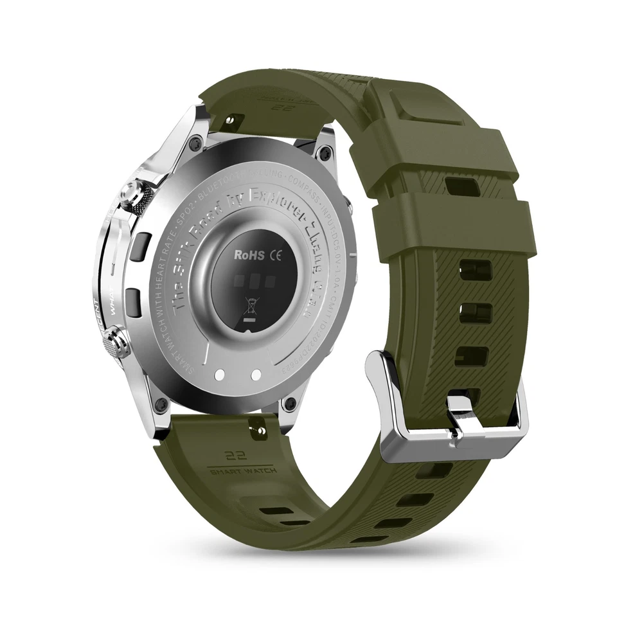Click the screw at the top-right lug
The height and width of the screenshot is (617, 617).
[x=326, y=153]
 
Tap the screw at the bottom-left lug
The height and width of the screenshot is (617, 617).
[x=161, y=404]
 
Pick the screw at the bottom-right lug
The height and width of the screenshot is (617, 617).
[x=290, y=403]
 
